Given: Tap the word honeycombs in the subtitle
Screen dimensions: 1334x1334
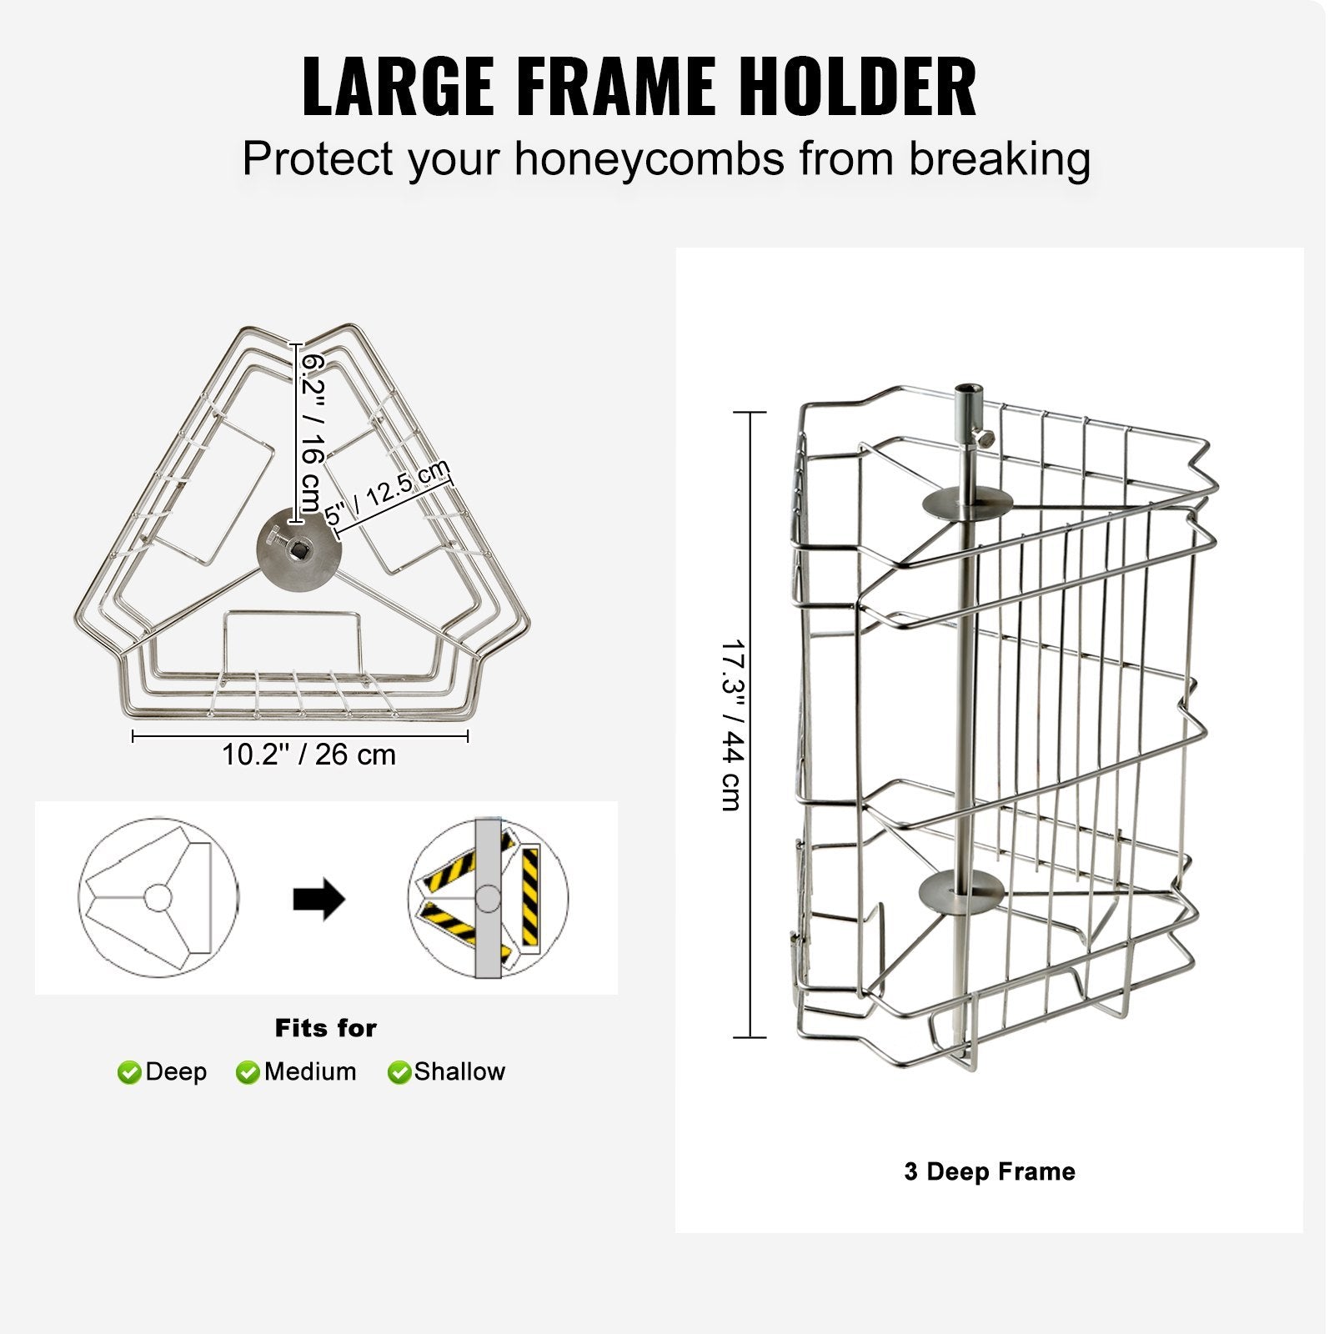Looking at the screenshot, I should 649,158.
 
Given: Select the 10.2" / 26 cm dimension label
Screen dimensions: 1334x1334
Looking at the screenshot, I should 308,755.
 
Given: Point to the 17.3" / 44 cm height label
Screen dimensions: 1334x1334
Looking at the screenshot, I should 732,725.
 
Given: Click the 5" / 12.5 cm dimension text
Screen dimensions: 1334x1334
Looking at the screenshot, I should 388,494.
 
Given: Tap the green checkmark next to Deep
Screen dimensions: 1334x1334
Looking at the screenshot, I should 129,1072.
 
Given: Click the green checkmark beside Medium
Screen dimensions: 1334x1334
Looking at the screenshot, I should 248,1072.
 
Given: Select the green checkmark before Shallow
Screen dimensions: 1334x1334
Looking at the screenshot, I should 399,1072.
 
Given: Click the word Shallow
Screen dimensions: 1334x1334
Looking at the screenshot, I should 459,1071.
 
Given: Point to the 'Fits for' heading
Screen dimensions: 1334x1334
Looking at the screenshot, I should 326,1028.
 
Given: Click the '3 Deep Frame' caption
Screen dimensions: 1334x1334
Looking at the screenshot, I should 990,1171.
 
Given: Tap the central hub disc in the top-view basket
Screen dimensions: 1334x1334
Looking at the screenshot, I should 299,551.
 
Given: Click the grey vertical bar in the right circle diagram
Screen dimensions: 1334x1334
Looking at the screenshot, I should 488,898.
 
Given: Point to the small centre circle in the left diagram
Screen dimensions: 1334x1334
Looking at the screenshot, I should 158,898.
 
